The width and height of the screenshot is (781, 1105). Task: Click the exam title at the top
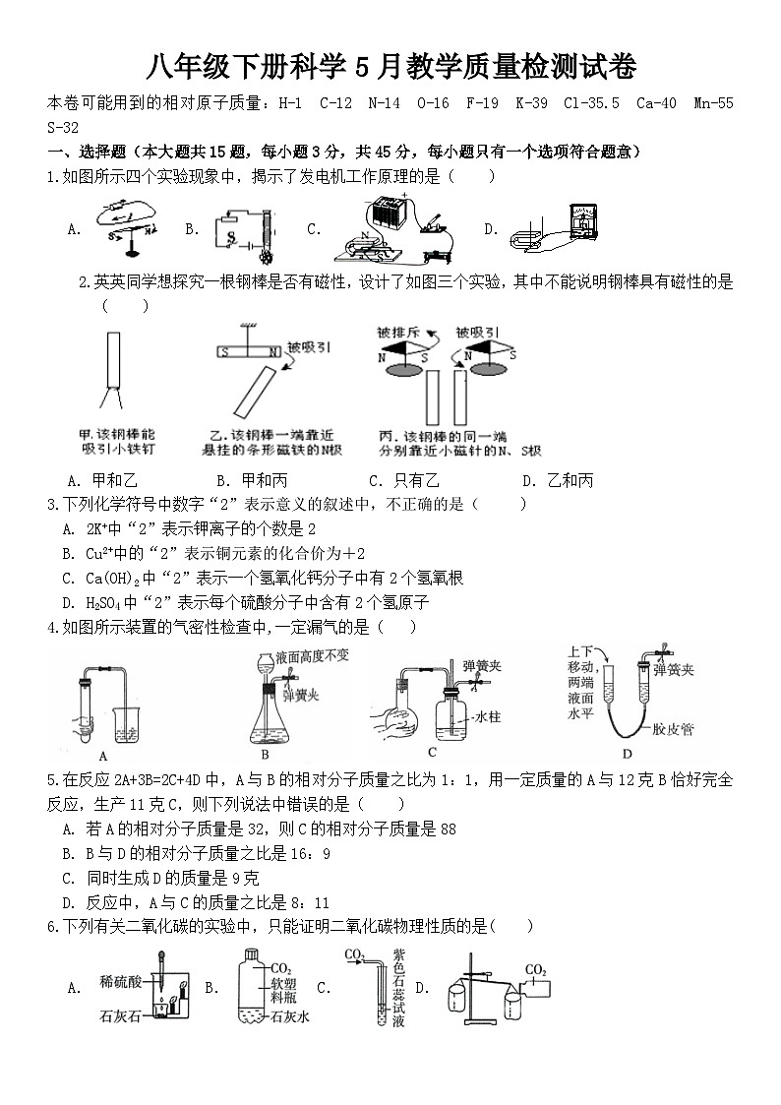[390, 68]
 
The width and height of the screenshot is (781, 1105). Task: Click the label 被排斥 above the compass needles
[399, 333]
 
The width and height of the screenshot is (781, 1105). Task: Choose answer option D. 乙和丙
[558, 480]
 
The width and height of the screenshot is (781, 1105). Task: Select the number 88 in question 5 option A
[448, 829]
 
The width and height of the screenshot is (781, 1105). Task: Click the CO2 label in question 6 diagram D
[535, 971]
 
